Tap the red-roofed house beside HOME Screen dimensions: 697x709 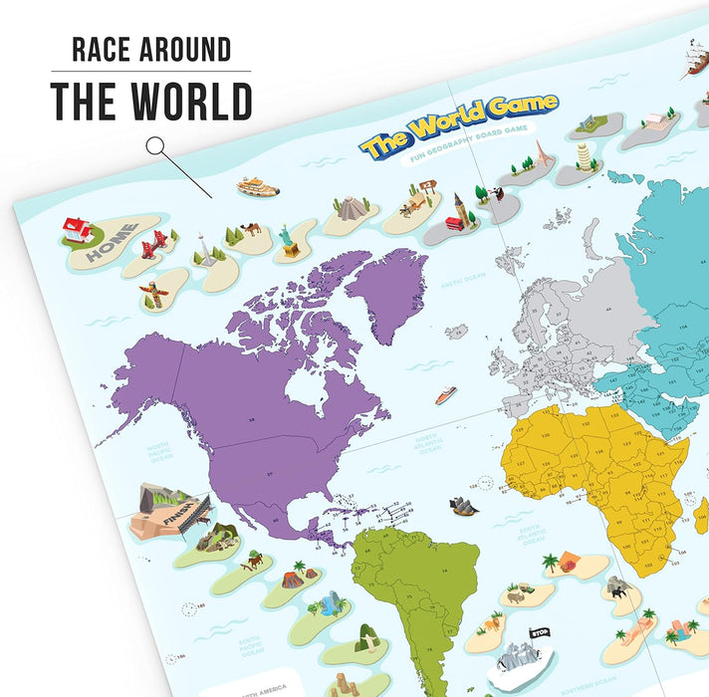[x=79, y=231]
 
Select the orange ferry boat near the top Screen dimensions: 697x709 [x=257, y=186]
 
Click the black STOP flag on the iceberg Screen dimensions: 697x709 [x=540, y=631]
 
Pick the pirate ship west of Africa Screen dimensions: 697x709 [x=463, y=506]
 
